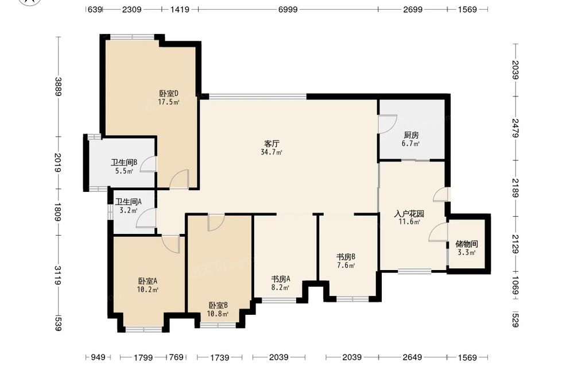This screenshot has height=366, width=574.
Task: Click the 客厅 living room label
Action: [272, 143]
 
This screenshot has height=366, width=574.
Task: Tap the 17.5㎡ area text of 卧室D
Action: [168, 102]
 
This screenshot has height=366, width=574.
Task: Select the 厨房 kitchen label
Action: [411, 135]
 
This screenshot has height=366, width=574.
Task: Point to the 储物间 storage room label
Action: [467, 244]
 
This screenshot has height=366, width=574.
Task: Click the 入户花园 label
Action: [409, 214]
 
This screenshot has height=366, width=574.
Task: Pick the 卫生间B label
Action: [124, 162]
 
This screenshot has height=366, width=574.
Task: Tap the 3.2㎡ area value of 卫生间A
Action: [128, 210]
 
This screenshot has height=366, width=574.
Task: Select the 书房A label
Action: [281, 279]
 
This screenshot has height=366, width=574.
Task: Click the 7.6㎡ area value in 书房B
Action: [346, 265]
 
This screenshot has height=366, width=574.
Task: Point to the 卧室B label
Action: [218, 305]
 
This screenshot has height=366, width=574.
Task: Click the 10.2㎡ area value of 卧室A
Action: [148, 290]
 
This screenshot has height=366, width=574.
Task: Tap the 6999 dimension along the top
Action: [288, 10]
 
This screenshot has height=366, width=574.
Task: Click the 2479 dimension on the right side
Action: [516, 128]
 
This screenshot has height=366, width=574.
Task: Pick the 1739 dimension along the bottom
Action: [220, 357]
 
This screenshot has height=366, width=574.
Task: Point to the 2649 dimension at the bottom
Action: [413, 357]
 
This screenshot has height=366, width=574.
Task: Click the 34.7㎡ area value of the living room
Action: [272, 152]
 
